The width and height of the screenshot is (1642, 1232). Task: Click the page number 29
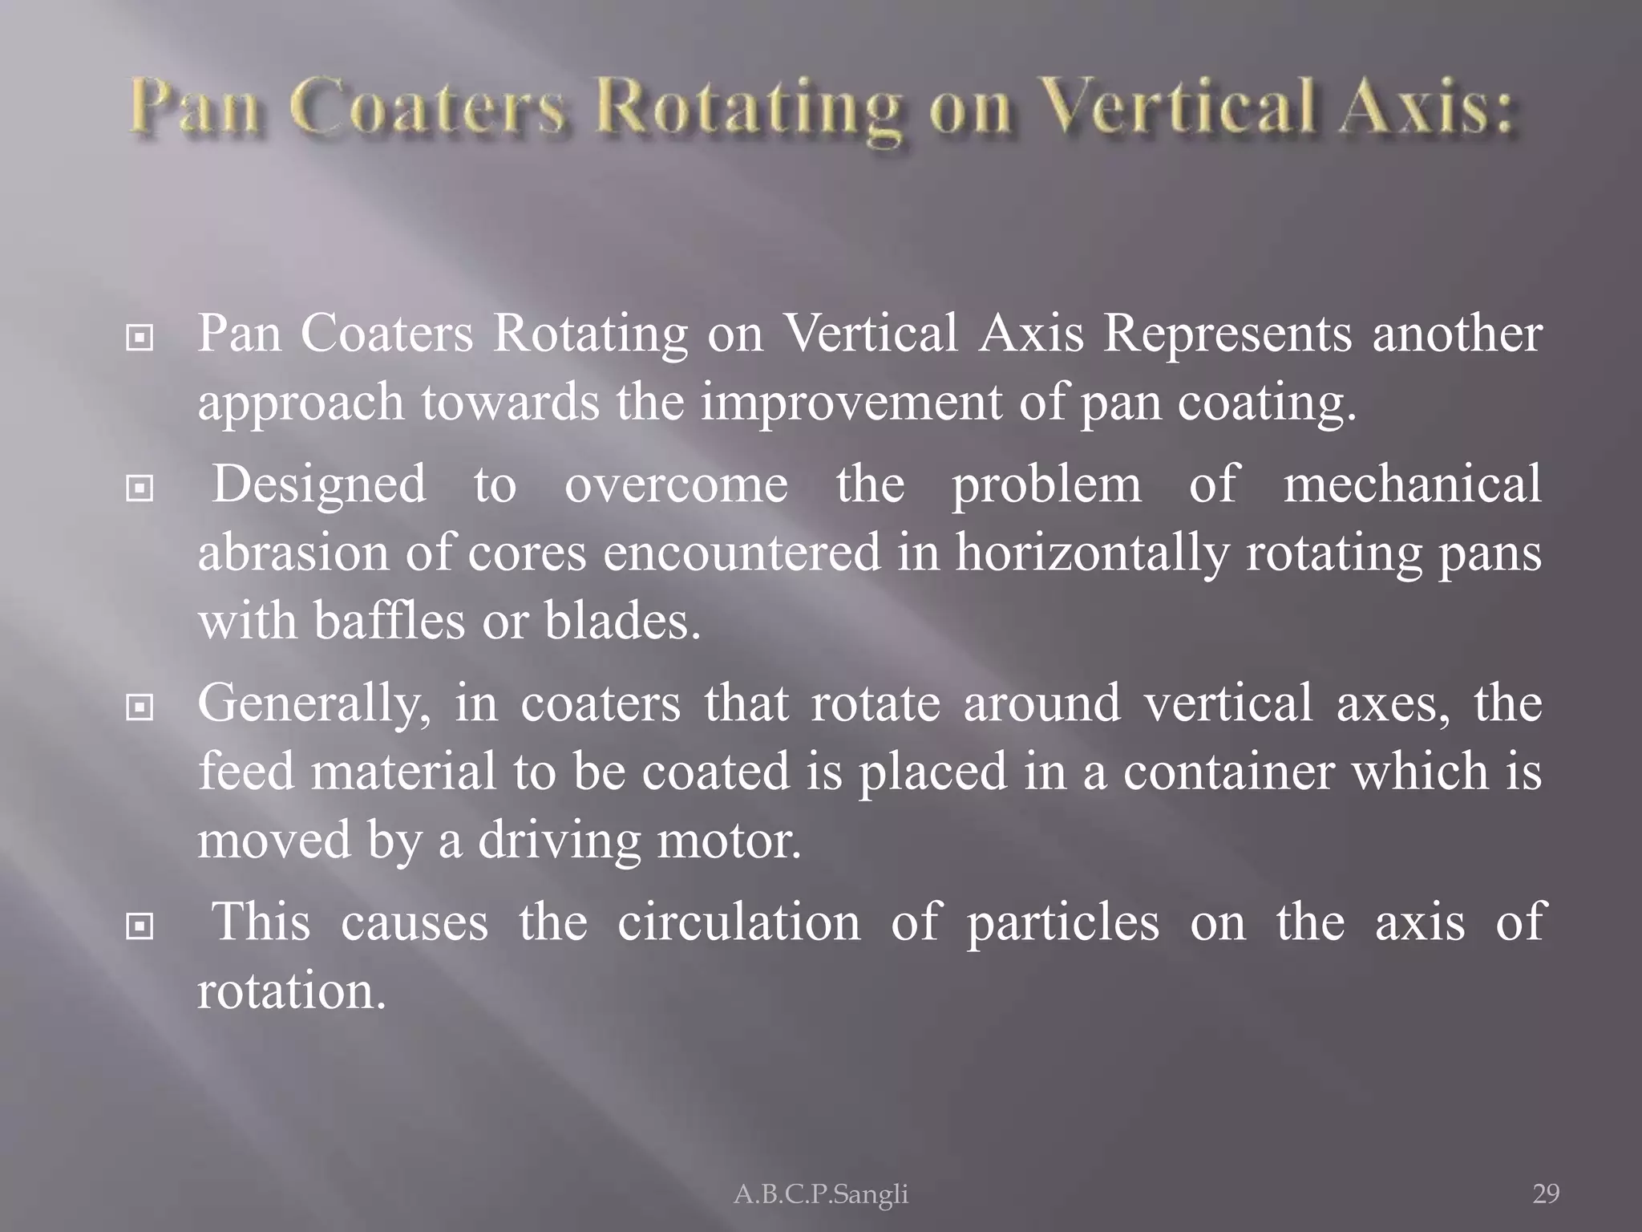[1546, 1194]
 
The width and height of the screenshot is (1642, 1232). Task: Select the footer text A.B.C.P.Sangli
[821, 1194]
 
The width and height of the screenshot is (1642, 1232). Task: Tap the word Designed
[319, 484]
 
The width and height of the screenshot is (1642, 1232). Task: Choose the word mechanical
[1412, 484]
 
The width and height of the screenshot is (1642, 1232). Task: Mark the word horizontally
[1091, 553]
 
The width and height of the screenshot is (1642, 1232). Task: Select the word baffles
[389, 621]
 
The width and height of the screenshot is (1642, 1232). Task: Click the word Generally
[313, 703]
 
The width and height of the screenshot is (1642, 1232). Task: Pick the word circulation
[738, 922]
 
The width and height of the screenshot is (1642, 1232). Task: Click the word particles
[1062, 922]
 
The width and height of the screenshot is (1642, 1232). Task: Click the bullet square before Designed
[140, 487]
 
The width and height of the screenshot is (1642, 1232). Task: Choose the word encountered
[742, 553]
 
